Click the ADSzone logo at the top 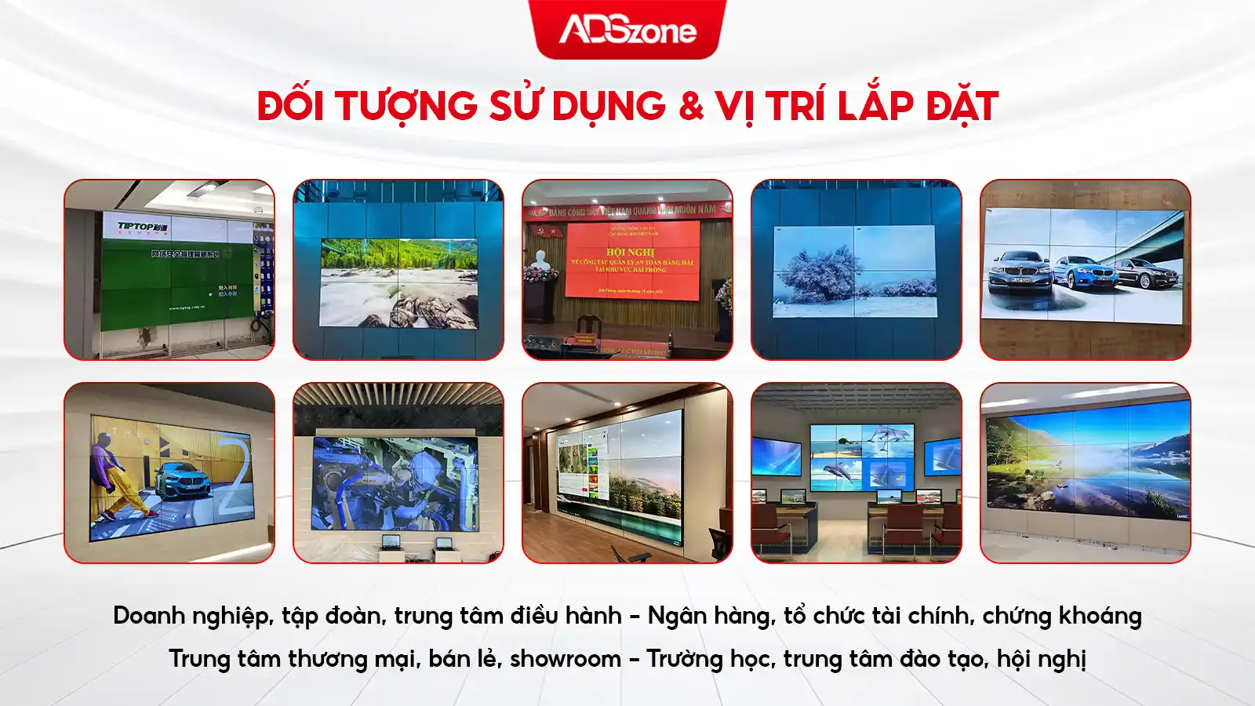tap(627, 30)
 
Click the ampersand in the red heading tap(690, 106)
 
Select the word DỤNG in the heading tap(608, 106)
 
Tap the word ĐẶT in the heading tap(962, 106)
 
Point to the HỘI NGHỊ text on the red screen tap(630, 252)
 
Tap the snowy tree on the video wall tap(820, 275)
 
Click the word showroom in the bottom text tap(565, 658)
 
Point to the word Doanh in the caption tap(148, 616)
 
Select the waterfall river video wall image tap(398, 282)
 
